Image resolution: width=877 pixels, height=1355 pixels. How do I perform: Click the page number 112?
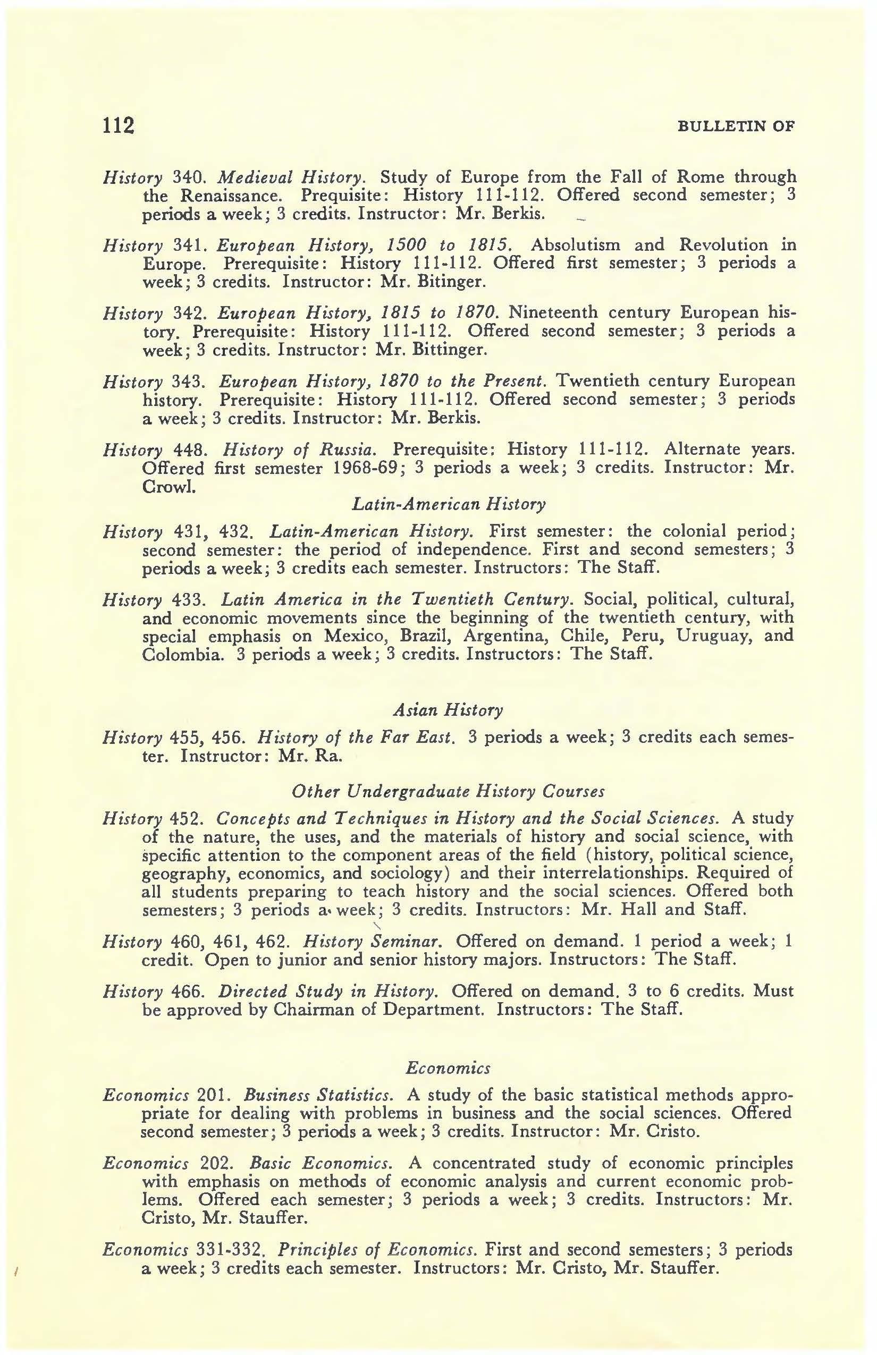coord(118,125)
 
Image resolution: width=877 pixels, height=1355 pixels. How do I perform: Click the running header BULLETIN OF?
coord(736,126)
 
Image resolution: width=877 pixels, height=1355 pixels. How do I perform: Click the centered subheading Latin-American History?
coord(449,504)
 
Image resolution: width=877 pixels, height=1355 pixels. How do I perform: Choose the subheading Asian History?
coord(448,710)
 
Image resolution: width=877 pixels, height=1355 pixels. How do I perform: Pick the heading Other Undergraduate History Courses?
coord(448,791)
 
